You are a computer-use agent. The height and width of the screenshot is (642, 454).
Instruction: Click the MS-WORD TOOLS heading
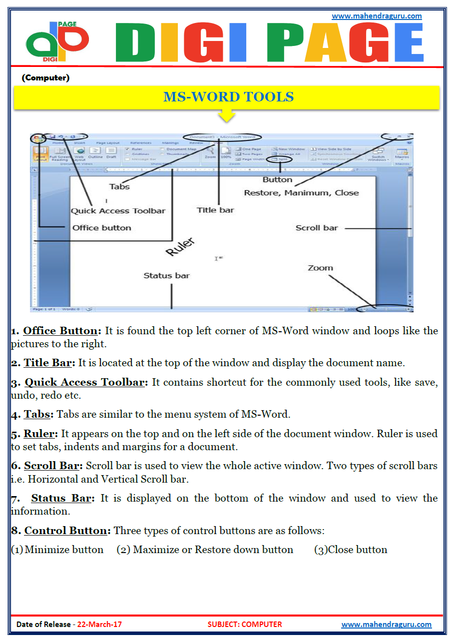[228, 97]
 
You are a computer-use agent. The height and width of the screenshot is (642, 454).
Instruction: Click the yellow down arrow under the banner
[227, 116]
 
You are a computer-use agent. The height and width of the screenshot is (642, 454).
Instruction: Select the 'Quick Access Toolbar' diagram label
[118, 211]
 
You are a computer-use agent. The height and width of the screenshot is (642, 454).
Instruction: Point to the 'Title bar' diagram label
[215, 210]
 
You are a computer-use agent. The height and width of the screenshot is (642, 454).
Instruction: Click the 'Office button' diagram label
[101, 228]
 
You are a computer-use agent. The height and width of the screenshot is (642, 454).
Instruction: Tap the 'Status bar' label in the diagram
[166, 275]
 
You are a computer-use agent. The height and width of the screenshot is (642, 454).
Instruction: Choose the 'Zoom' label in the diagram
[320, 268]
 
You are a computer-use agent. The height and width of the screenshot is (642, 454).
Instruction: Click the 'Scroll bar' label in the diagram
[317, 228]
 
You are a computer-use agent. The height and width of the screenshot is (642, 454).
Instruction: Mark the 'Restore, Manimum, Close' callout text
[301, 193]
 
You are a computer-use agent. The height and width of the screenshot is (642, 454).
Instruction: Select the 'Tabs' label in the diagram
[119, 187]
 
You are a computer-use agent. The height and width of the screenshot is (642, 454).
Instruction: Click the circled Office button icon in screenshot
[36, 139]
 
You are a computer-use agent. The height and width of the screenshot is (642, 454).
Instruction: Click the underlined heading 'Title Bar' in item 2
[49, 363]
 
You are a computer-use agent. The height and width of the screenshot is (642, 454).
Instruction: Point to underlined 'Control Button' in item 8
[65, 531]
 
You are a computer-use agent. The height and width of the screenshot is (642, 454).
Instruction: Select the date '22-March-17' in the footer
[99, 625]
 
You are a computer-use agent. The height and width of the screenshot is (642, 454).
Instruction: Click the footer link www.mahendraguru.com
[386, 625]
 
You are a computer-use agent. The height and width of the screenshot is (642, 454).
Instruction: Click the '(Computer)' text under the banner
[45, 78]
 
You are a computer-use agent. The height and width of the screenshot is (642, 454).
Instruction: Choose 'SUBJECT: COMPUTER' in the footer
[244, 625]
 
